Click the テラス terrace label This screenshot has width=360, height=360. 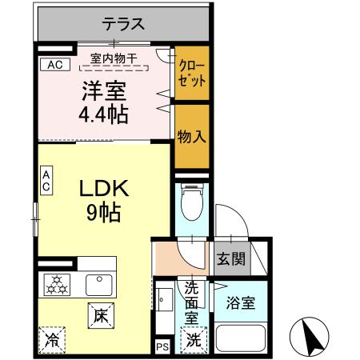[x=124, y=25]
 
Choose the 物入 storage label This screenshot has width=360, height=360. [x=192, y=136]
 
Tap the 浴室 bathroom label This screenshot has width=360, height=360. [x=241, y=305]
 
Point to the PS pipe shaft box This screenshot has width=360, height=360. [x=162, y=347]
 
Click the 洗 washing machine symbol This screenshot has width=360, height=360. [x=194, y=339]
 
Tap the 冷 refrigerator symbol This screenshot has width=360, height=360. [x=51, y=339]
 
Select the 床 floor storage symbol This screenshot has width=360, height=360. [x=102, y=316]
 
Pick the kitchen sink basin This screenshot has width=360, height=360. [x=99, y=283]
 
